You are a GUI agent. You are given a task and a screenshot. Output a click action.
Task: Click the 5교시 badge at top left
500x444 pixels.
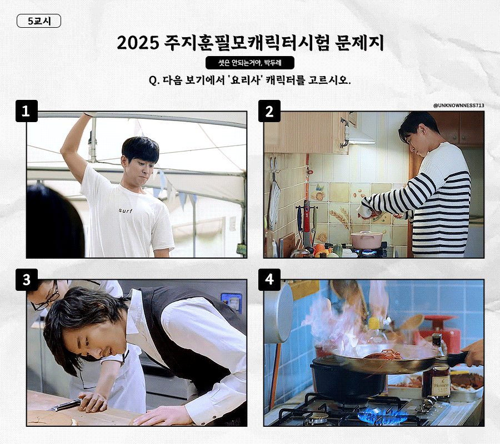tap(38, 21)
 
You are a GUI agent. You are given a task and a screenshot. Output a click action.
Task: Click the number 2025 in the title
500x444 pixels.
tap(138, 43)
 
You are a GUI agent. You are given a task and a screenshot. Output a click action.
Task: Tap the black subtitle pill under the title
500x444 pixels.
tap(249, 63)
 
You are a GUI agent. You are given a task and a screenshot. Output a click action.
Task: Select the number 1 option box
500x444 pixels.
tap(27, 111)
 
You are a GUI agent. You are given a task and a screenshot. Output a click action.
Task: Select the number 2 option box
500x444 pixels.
tap(269, 111)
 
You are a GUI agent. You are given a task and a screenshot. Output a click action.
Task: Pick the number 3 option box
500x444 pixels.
tap(27, 280)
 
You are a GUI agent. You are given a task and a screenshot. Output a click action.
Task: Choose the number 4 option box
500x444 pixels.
tap(269, 280)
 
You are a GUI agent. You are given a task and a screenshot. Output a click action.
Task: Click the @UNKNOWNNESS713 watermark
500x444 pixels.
tap(458, 105)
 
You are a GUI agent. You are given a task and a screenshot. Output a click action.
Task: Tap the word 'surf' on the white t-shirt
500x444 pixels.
tap(126, 210)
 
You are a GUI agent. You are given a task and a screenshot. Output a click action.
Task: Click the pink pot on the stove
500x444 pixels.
tap(367, 240)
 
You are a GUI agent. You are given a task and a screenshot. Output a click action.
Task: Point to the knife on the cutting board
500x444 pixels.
tap(65, 406)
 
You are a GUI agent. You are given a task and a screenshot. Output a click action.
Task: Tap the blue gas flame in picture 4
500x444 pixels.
tap(382, 416)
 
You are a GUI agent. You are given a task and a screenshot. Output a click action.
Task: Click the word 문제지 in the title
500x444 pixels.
tap(359, 43)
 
